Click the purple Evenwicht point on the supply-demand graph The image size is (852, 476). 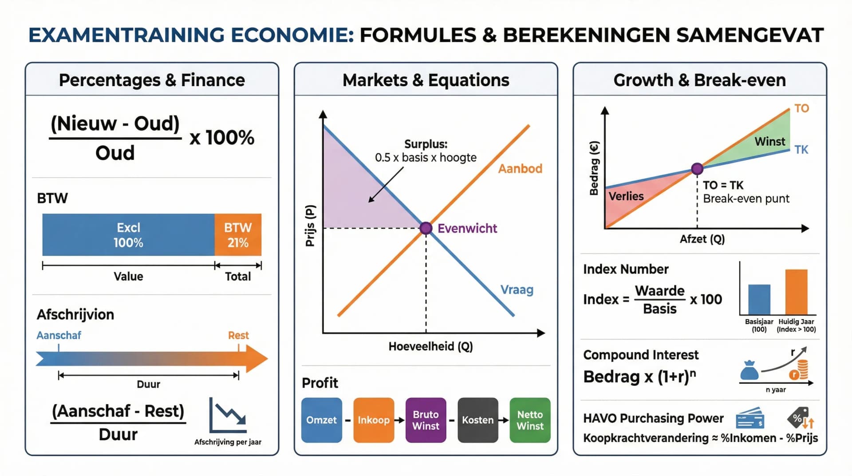pos(426,228)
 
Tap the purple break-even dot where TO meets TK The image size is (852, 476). pos(697,169)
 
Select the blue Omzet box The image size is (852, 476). pos(321,420)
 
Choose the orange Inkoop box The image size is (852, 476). pos(374,420)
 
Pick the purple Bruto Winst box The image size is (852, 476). pos(426,420)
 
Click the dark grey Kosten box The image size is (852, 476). pos(477,420)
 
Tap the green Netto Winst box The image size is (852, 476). pos(530,420)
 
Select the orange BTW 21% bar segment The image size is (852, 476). pos(238,235)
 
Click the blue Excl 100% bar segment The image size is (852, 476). pos(128,235)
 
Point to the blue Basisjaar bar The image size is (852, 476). pos(759,300)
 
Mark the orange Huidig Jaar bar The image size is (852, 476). pos(796,292)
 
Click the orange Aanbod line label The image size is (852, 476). pos(520,169)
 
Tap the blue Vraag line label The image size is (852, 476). pos(517,290)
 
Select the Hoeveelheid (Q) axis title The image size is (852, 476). pos(430,346)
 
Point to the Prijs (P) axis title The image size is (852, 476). pos(310,226)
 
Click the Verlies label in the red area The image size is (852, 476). pos(626,196)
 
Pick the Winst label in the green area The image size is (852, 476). pos(770,142)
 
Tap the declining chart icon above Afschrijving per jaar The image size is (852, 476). pos(228,415)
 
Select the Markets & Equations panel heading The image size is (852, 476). pos(426,80)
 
